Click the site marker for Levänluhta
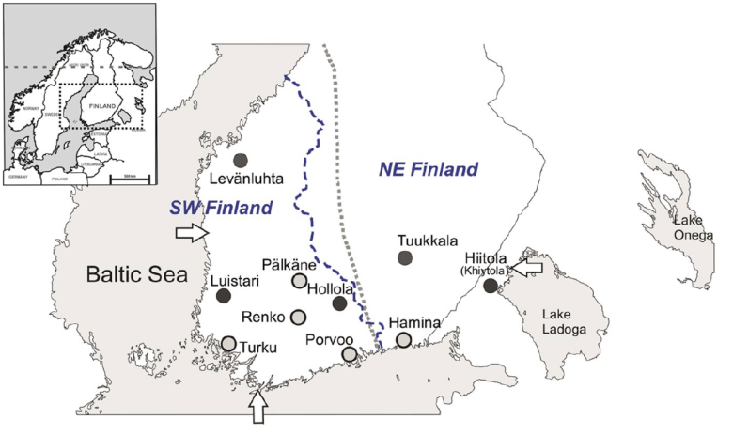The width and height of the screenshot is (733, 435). click(x=242, y=160)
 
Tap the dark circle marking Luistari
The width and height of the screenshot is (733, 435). click(x=224, y=296)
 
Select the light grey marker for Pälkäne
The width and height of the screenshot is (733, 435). click(x=299, y=281)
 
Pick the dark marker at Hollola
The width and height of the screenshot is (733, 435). click(x=339, y=303)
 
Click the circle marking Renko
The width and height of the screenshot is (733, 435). click(x=299, y=317)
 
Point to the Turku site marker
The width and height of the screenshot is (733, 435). click(x=228, y=343)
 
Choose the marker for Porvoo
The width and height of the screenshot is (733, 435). click(x=350, y=353)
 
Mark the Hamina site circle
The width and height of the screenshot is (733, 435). click(x=403, y=340)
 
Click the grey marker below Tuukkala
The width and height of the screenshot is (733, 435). click(x=405, y=257)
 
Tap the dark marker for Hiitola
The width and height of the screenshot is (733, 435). click(x=490, y=285)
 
